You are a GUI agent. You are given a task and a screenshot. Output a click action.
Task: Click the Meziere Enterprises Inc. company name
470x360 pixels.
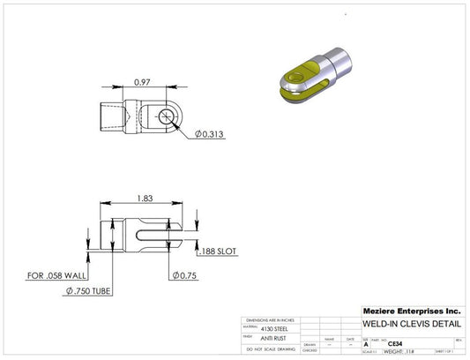pos(411,311)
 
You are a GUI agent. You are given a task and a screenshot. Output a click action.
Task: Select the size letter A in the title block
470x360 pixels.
pos(366,344)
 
